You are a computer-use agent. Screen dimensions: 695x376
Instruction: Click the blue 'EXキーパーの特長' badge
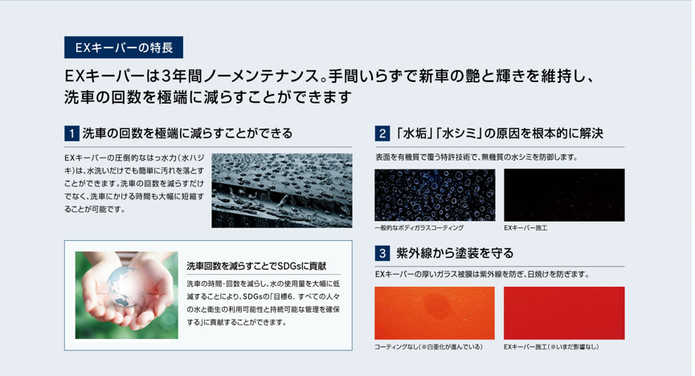pos(124,47)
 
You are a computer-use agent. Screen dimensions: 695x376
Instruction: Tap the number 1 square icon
pos(72,133)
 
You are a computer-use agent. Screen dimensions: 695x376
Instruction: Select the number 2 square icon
pos(382,133)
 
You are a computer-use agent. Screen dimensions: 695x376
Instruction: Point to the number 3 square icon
pos(382,253)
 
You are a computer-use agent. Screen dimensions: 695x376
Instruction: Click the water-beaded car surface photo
pos(282,190)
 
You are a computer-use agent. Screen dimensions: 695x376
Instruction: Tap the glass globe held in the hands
pos(125,286)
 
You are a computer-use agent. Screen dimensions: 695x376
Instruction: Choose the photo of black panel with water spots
pos(435,194)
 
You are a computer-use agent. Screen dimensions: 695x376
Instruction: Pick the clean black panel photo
pos(564,194)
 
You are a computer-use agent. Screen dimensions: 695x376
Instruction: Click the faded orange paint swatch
pos(435,313)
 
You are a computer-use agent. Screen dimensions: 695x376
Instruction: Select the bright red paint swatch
pos(564,313)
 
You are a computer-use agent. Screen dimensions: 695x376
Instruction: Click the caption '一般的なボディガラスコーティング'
pos(419,228)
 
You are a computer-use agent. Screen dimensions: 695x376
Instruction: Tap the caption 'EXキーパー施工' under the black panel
pos(525,228)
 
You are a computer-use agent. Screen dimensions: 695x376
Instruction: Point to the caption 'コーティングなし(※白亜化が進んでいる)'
pos(428,347)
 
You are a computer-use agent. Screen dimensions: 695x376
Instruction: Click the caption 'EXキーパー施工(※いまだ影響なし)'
pos(551,347)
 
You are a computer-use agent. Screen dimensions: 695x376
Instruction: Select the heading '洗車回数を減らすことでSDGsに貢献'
pos(256,266)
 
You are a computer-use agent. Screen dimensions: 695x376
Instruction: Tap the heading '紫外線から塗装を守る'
pos(455,253)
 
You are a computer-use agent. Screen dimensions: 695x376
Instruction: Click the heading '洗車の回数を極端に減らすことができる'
pos(187,133)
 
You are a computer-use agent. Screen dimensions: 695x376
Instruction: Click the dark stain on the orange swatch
pos(439,305)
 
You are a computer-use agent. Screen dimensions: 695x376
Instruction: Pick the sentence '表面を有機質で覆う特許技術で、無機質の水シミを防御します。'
pos(476,157)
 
